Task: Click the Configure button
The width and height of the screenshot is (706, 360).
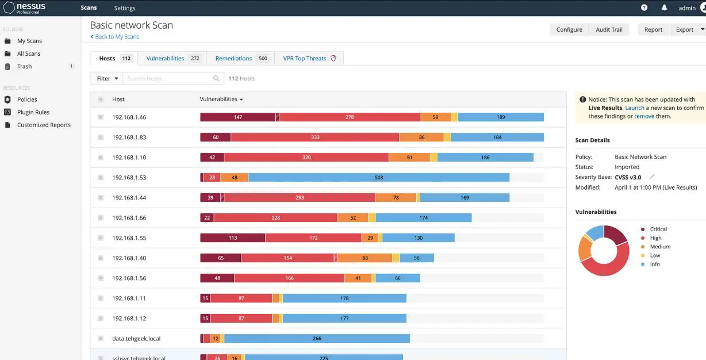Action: pyautogui.click(x=569, y=29)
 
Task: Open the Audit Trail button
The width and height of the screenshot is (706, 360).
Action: pyautogui.click(x=609, y=29)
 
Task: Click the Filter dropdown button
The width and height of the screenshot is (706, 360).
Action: pyautogui.click(x=107, y=78)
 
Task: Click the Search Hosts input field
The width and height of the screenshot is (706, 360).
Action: pyautogui.click(x=168, y=78)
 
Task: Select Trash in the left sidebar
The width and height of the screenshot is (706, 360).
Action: pyautogui.click(x=24, y=66)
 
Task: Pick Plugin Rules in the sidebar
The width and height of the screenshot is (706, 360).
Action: pyautogui.click(x=33, y=112)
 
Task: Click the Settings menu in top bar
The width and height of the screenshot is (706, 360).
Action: pyautogui.click(x=125, y=8)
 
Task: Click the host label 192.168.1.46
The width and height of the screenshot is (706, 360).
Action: pyautogui.click(x=129, y=117)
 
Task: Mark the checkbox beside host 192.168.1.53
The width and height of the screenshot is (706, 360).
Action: pyautogui.click(x=100, y=178)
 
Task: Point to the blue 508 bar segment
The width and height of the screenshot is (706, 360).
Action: pyautogui.click(x=378, y=178)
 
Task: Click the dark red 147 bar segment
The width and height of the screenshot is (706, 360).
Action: pyautogui.click(x=237, y=117)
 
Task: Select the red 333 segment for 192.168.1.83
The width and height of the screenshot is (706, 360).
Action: pyautogui.click(x=315, y=137)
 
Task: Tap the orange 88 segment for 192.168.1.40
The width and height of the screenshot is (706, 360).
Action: pyautogui.click(x=365, y=258)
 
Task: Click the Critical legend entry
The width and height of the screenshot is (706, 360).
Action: pyautogui.click(x=658, y=229)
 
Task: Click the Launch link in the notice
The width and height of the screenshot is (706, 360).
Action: pyautogui.click(x=634, y=108)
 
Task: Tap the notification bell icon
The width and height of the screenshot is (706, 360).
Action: pyautogui.click(x=664, y=8)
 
